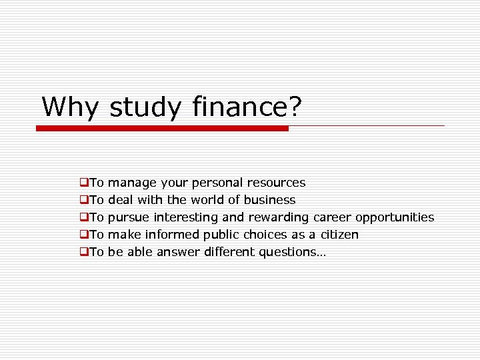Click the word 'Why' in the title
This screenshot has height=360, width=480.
(x=70, y=107)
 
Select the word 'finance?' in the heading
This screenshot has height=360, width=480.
(x=246, y=107)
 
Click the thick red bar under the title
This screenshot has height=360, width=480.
(x=162, y=128)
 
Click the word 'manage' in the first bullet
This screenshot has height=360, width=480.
(x=131, y=183)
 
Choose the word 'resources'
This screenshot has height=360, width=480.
(x=276, y=183)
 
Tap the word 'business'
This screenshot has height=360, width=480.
(x=269, y=200)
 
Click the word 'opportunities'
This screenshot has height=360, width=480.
(x=395, y=217)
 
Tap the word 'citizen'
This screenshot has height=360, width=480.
(x=339, y=235)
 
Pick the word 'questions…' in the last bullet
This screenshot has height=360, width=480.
(x=293, y=252)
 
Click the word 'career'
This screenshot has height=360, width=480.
(x=332, y=217)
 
